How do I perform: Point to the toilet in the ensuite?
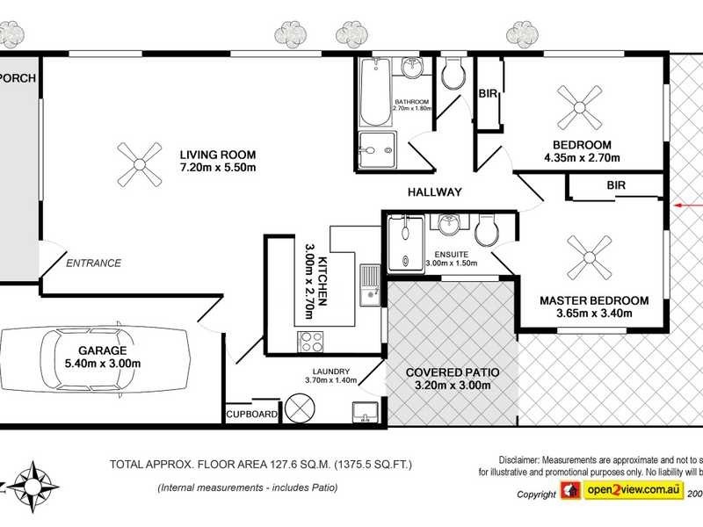point(486,233)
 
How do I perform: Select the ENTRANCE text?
point(93,263)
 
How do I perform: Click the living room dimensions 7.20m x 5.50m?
point(217,167)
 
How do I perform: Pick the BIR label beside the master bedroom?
point(616,185)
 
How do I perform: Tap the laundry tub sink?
point(364,411)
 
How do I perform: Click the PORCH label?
point(18,78)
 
